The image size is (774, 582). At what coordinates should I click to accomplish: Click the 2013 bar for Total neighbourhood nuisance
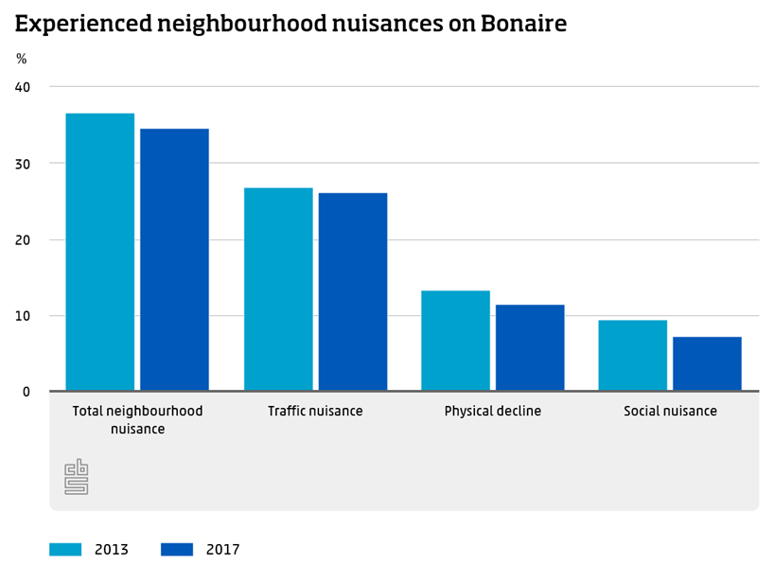point(99,252)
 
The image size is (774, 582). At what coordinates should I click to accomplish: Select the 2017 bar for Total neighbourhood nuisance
point(174,259)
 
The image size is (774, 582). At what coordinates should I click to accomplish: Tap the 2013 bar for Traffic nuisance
point(278,289)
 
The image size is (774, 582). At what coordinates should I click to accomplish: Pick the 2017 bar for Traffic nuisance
point(353,291)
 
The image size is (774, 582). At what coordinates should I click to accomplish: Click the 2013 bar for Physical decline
point(455,341)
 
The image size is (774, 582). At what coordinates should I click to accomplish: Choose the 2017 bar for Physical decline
point(530,347)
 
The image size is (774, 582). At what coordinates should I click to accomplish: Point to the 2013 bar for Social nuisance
point(632,355)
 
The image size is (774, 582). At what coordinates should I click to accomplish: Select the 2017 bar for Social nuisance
point(707,363)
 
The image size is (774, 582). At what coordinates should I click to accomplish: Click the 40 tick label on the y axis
point(23,87)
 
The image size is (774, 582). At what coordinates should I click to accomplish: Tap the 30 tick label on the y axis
point(23,164)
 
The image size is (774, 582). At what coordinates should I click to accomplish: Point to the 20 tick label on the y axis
point(23,239)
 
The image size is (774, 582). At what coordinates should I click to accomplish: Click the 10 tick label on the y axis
point(23,315)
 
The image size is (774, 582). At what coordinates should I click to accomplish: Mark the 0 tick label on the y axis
point(26,392)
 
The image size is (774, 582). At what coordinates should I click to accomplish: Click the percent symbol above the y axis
point(22,59)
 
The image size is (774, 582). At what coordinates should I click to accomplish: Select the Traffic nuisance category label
point(315,412)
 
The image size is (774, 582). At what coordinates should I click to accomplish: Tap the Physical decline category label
point(492,412)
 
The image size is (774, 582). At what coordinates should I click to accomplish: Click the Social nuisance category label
point(670,412)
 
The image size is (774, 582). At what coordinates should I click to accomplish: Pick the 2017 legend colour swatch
point(177,549)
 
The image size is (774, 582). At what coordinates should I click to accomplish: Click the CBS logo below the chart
point(76,477)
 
